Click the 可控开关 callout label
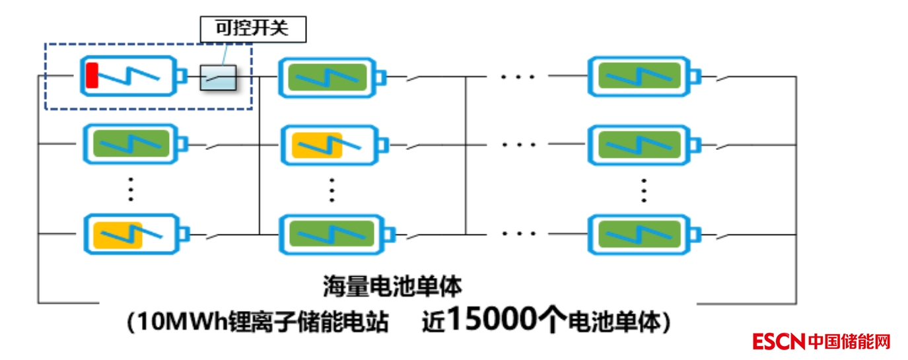[x=253, y=28]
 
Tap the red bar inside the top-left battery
[x=91, y=75]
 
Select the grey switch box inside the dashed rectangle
[x=218, y=77]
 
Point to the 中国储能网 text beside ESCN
[x=849, y=342]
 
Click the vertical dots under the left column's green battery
[x=131, y=189]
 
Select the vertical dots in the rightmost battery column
[x=643, y=190]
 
